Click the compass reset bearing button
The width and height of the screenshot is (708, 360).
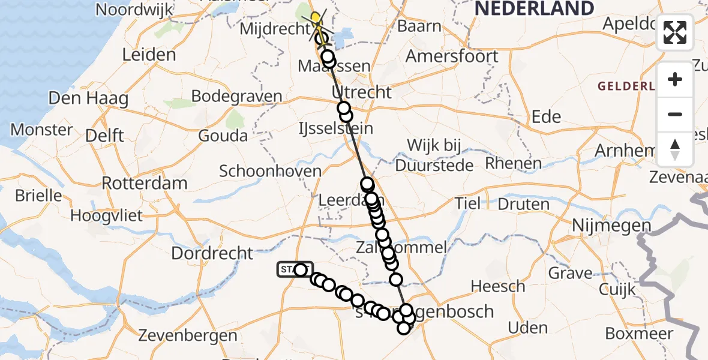coord(675,149)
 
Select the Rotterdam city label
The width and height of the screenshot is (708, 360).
coord(145,183)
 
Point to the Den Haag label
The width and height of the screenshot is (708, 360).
coord(88,98)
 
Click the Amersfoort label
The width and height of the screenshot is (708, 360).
coord(452,57)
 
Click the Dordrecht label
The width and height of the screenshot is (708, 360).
coord(212,253)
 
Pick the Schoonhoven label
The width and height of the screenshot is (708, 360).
coord(270,171)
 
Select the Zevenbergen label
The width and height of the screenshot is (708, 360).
coord(188,335)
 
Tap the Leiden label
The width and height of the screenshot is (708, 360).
coord(149,55)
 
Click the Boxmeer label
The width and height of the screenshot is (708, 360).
coord(639,334)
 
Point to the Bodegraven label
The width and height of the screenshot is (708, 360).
coord(237,97)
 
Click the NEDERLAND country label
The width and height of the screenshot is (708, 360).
coord(534,8)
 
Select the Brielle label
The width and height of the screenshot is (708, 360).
coord(38,196)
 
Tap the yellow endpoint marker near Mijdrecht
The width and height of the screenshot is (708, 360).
coord(314,17)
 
